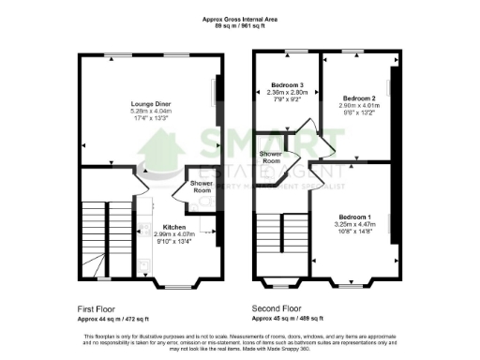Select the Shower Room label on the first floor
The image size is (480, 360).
coord(202,187)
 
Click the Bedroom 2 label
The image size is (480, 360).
coord(358,98)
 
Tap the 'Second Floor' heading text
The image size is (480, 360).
coord(276,307)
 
